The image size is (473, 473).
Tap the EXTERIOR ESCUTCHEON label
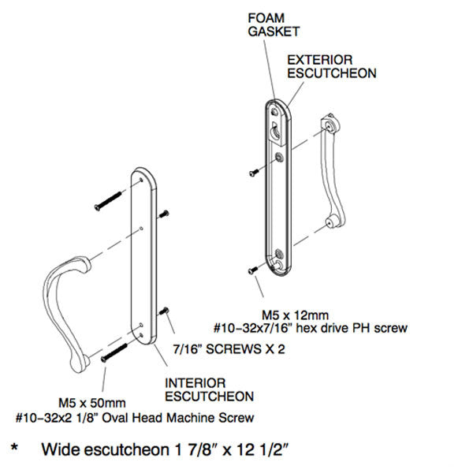pyautogui.click(x=331, y=66)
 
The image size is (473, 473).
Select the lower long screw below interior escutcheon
pyautogui.click(x=115, y=349)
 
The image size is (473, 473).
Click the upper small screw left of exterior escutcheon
pyautogui.click(x=252, y=171)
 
